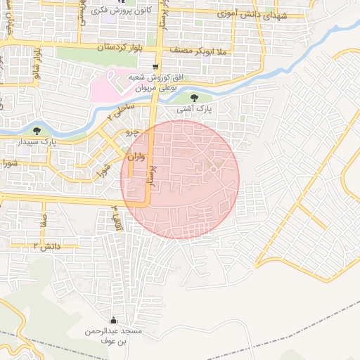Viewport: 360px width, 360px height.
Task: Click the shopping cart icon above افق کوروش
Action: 155,67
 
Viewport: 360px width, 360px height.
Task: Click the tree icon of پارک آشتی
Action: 195,98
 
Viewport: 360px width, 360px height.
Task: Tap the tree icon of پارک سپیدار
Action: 37,130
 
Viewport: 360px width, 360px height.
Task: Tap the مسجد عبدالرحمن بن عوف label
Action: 114,335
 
